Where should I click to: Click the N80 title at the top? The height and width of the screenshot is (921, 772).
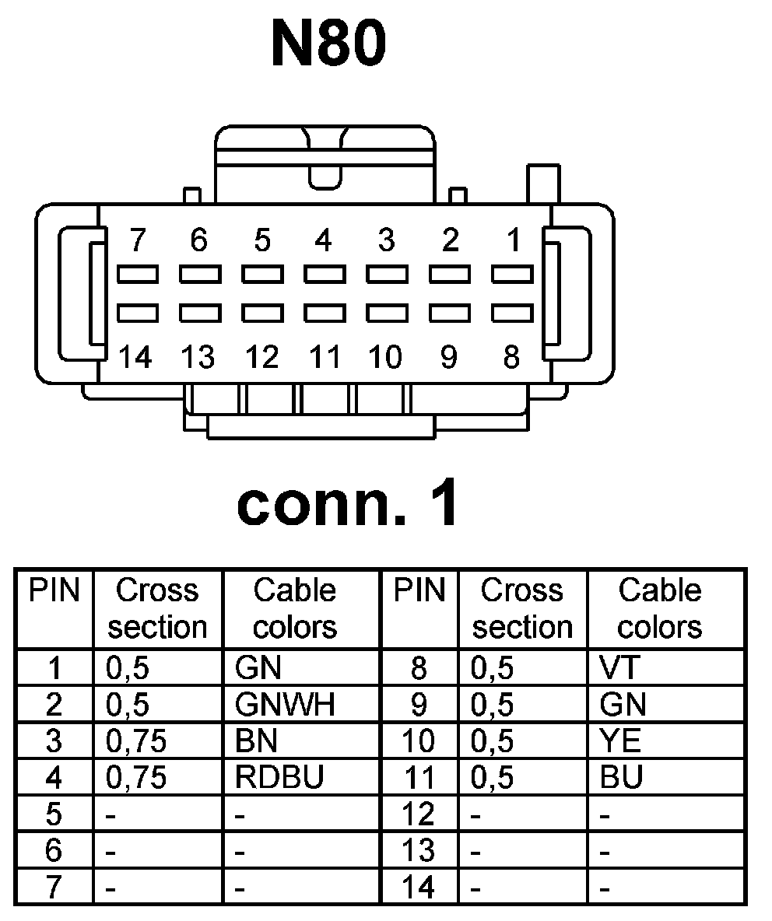(x=328, y=44)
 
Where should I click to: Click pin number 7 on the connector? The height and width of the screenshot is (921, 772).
(x=137, y=241)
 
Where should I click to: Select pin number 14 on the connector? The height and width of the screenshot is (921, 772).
(x=135, y=357)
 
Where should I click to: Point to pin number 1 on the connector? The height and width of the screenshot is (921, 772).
(x=513, y=241)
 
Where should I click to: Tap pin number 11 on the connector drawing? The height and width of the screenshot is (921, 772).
(x=325, y=357)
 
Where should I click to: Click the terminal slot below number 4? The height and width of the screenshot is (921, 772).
(x=325, y=275)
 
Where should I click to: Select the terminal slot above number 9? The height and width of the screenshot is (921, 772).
(x=450, y=313)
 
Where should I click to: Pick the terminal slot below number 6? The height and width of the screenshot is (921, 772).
(x=199, y=275)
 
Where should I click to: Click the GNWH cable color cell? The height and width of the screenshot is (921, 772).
(x=285, y=704)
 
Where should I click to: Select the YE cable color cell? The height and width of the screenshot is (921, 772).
(x=621, y=741)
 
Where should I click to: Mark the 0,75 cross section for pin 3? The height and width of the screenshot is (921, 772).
(x=136, y=741)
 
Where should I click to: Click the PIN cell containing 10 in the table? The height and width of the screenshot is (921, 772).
(x=419, y=741)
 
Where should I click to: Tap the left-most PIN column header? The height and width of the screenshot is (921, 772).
(x=54, y=591)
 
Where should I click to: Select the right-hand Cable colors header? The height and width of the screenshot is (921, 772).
(x=660, y=608)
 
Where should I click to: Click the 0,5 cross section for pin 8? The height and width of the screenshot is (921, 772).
(x=493, y=667)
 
